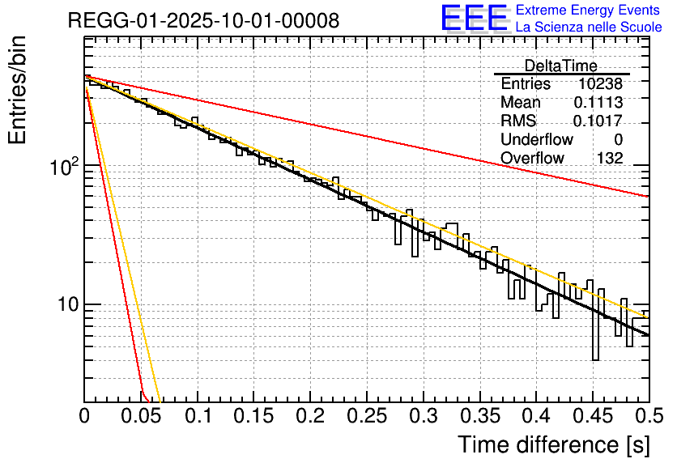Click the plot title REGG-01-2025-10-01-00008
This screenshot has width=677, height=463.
pos(203,21)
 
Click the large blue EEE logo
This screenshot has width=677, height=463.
pos(475,19)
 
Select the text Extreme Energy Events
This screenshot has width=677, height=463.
pos(588,11)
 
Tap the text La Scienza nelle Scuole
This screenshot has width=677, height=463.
pos(588,27)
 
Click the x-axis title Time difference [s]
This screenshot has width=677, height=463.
pos(552,444)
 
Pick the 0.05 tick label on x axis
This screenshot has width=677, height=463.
pos(141,416)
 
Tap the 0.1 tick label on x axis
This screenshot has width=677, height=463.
pos(198,416)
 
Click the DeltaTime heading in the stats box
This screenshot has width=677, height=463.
pos(561,66)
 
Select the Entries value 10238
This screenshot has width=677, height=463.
pos(601,84)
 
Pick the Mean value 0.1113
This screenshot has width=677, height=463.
pos(598,103)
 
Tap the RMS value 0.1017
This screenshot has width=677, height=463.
pos(598,121)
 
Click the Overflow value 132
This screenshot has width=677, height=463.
pos(610,159)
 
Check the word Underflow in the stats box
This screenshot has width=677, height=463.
pos(537,140)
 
